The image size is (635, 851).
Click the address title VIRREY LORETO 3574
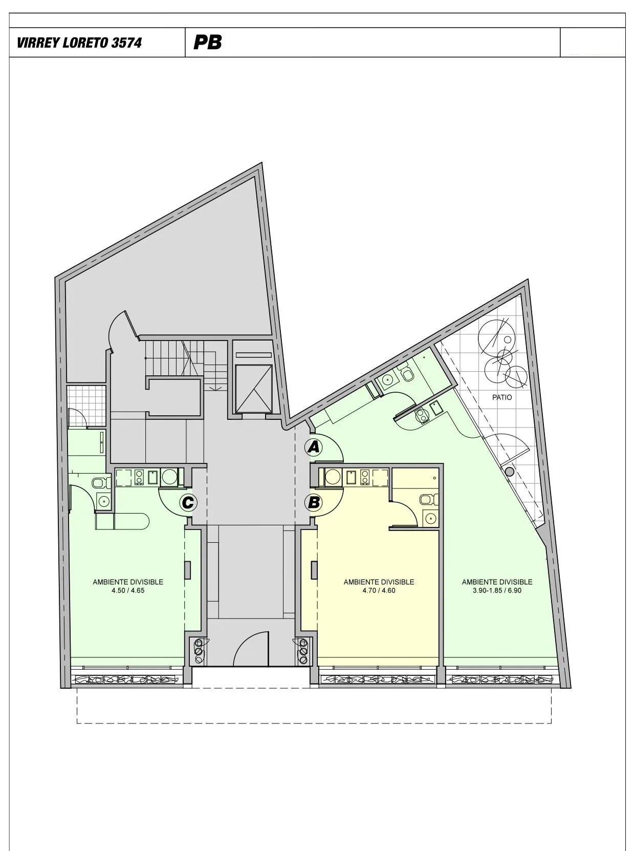(79, 42)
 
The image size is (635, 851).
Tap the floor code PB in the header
(208, 42)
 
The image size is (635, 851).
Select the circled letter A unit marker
(313, 448)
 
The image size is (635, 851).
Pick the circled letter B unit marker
(313, 503)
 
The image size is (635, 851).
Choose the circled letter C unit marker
(188, 503)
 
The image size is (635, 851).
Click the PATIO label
(502, 397)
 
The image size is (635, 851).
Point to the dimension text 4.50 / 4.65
(128, 590)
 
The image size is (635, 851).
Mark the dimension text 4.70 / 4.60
(379, 590)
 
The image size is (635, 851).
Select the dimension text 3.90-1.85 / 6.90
(497, 590)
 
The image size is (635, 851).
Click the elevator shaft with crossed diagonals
(254, 389)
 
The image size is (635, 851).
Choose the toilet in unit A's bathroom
(407, 374)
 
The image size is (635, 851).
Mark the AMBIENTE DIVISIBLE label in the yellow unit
(379, 582)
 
